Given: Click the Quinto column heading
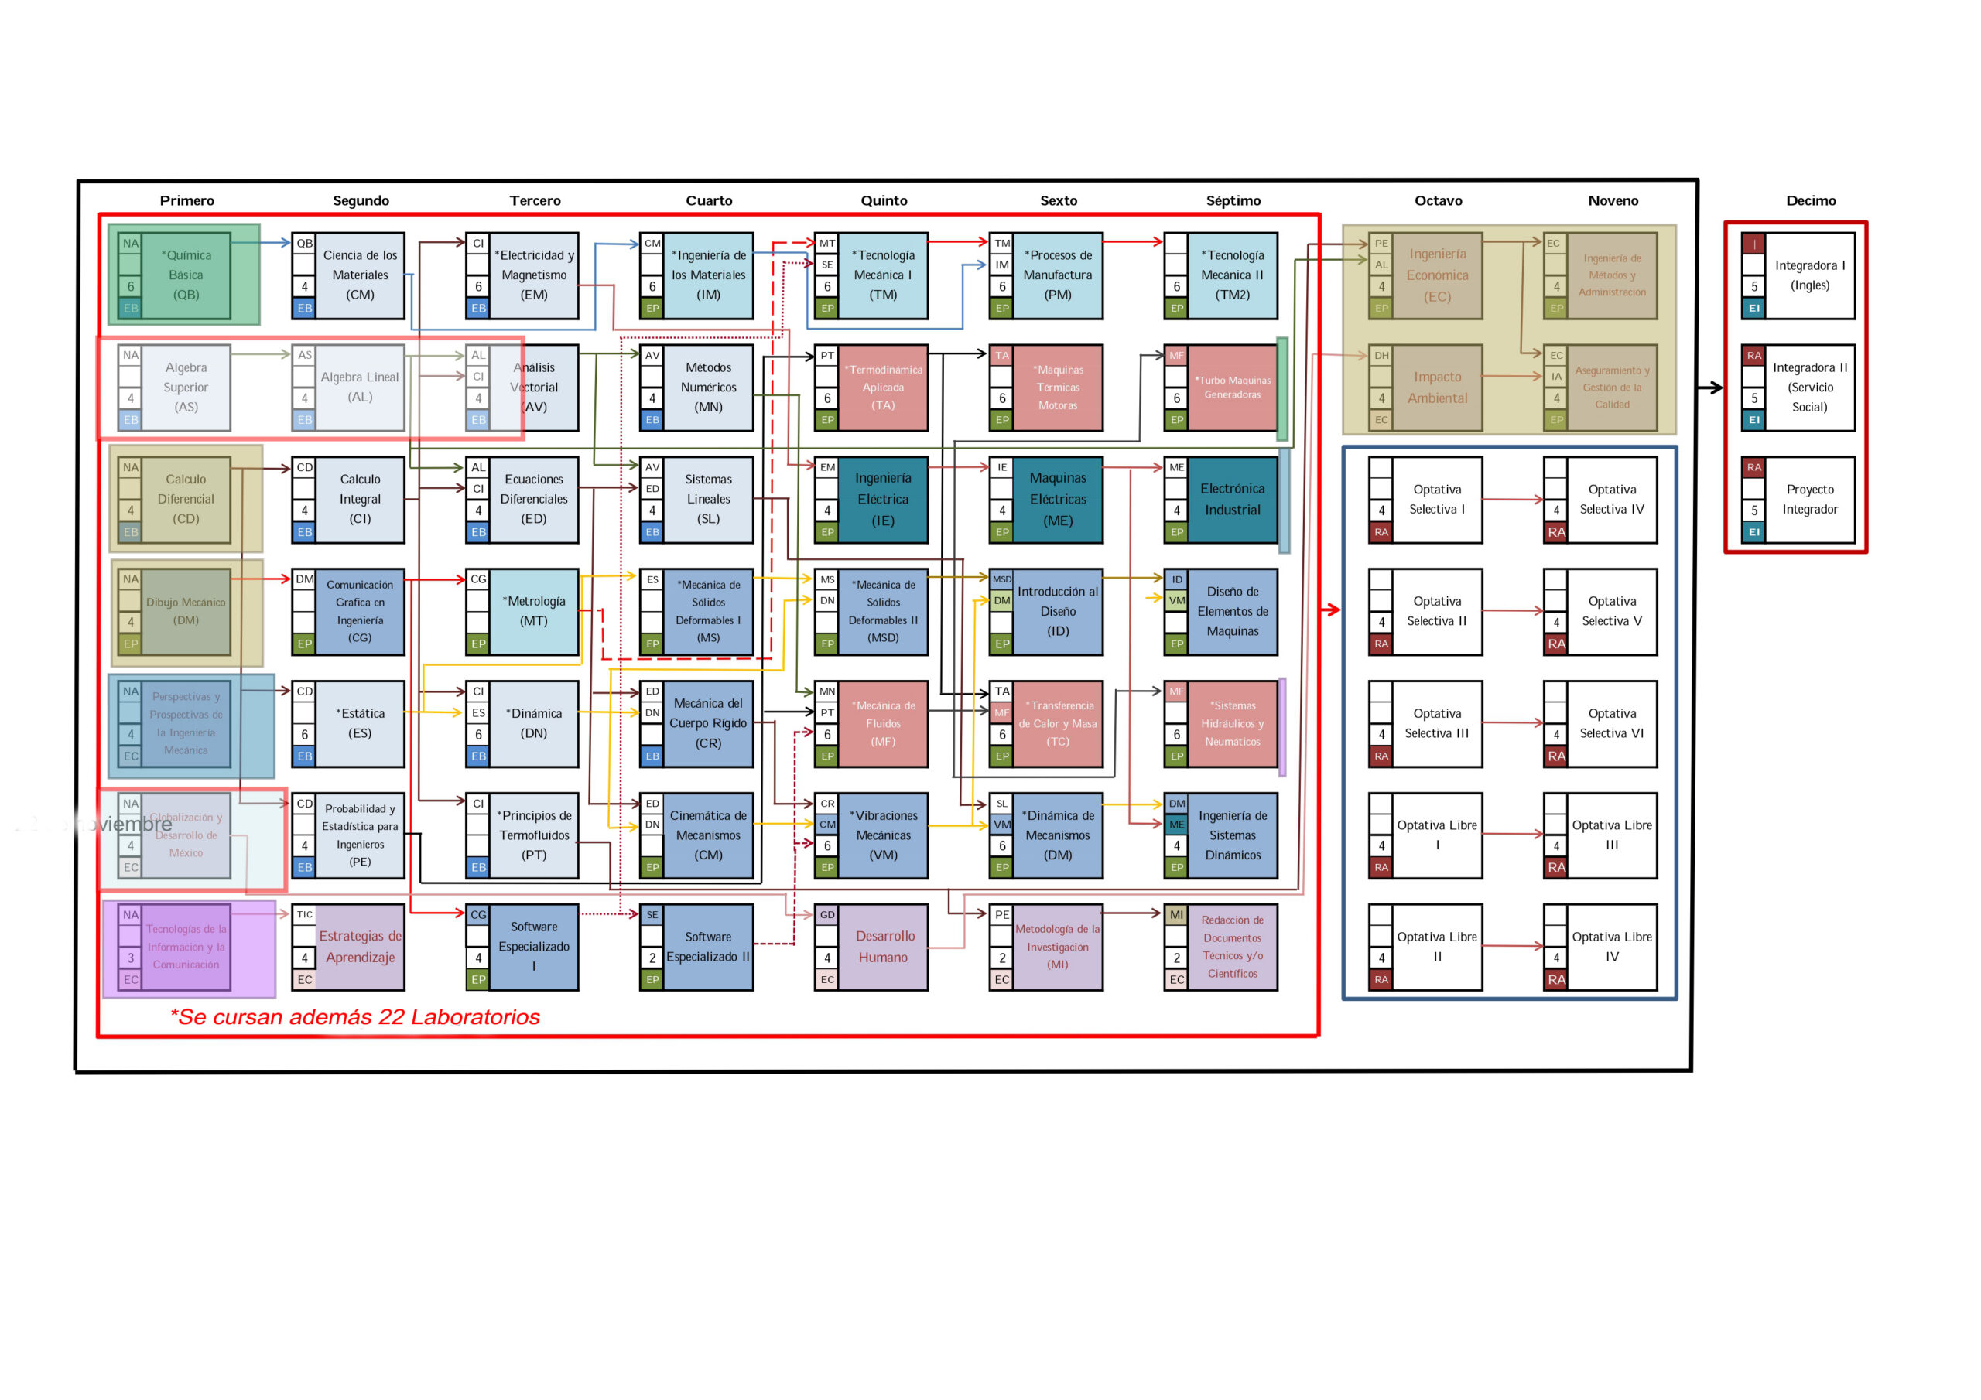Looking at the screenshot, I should click(884, 200).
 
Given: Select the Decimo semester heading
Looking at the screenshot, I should click(1810, 200).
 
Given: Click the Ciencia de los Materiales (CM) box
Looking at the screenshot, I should click(360, 275).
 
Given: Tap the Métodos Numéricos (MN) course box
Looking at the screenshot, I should click(707, 388).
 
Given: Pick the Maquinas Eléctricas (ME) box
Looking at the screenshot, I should click(1057, 500).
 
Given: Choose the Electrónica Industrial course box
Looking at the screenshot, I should click(1232, 500).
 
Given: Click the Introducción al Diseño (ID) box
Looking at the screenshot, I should click(1057, 612).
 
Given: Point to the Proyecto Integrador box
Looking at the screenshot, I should click(1809, 500).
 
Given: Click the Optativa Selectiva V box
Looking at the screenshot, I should click(1611, 612).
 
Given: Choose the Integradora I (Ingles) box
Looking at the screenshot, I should click(1809, 275).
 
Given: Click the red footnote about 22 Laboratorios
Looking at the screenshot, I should click(354, 1017).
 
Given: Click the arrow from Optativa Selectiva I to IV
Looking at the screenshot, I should click(1513, 499).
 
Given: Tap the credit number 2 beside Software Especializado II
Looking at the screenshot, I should click(652, 958).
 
